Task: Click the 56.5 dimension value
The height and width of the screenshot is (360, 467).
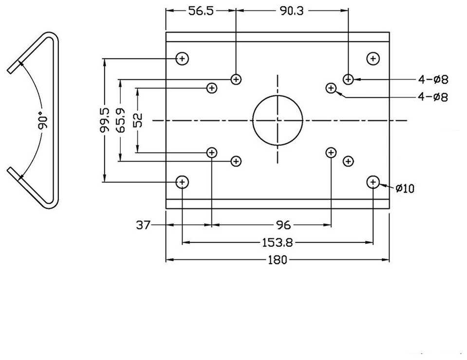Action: coord(201,11)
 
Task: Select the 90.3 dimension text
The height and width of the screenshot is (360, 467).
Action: coord(292,11)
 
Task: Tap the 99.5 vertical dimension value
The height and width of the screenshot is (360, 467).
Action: coord(105,120)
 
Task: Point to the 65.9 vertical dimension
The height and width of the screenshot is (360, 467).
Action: coord(121,120)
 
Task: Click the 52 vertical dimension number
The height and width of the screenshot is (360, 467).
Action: coord(138,120)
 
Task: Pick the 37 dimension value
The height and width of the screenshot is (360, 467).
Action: coord(143,225)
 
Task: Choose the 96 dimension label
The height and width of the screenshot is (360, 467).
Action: coord(283,225)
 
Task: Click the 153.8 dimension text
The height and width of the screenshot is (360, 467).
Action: coord(277,242)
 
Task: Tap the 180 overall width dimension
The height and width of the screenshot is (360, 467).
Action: coord(277,260)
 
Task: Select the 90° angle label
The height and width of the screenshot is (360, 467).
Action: coord(43,120)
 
